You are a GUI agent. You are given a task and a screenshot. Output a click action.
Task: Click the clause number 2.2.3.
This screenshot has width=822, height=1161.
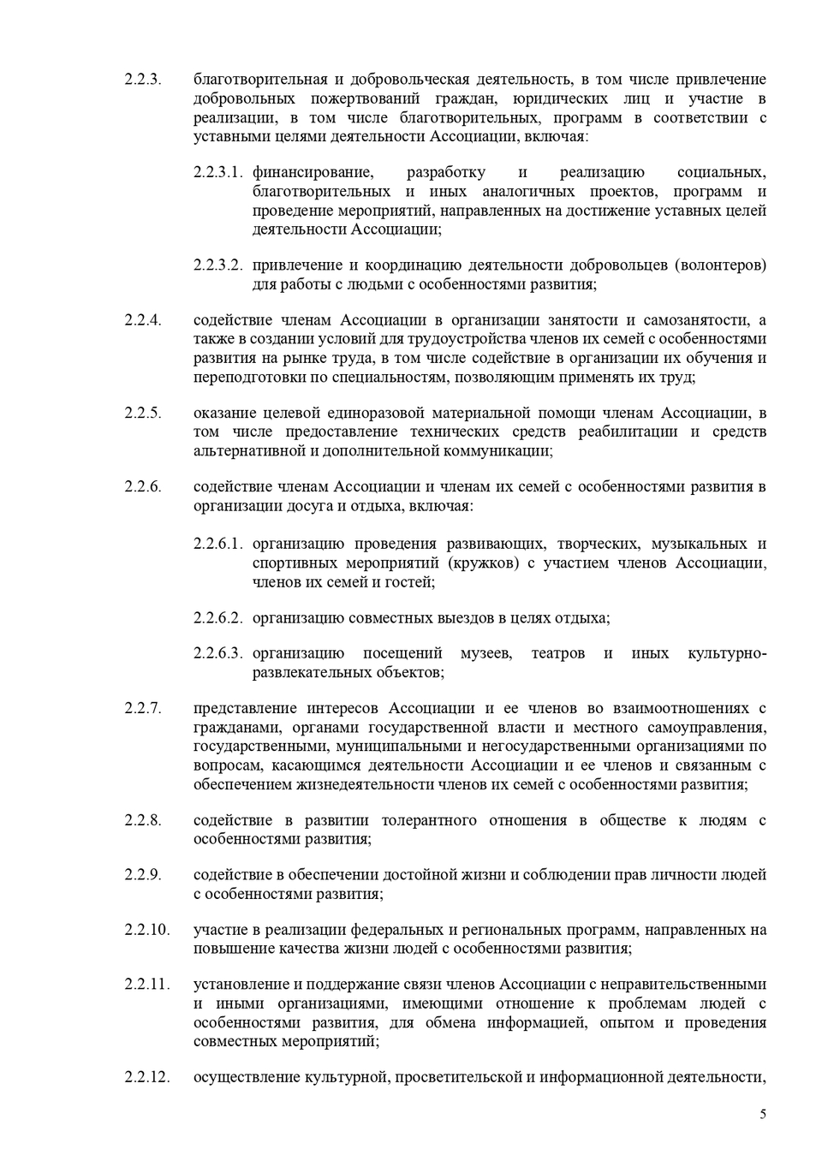[x=142, y=80]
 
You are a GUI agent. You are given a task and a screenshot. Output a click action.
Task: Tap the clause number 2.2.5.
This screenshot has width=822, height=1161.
[x=142, y=413]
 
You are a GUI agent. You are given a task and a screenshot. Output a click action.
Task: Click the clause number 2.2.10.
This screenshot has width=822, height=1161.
[x=146, y=930]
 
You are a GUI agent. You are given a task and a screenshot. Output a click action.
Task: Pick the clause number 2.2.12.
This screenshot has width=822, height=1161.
[x=146, y=1077]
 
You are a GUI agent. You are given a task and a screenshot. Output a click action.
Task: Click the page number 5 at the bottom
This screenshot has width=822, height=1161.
[x=763, y=1114]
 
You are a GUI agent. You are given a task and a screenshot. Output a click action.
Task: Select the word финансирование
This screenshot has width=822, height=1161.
[x=312, y=173]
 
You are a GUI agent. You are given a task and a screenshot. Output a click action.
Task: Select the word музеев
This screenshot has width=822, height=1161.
[x=485, y=654]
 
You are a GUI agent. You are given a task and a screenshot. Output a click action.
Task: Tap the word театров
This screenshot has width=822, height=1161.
[x=557, y=654]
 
